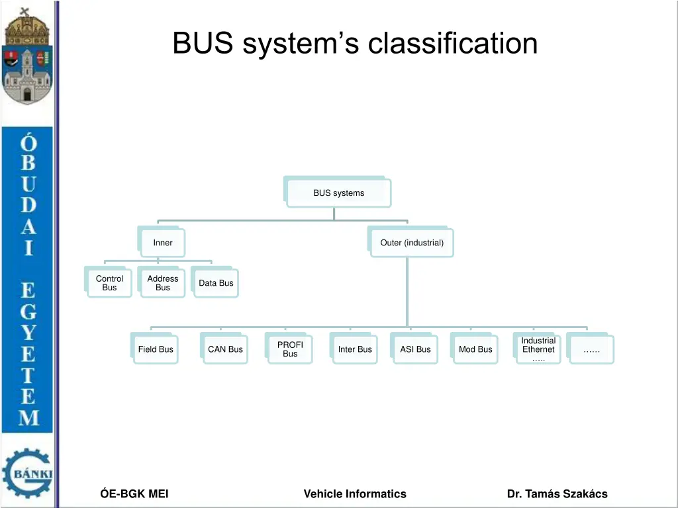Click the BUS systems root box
click(338, 192)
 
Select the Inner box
click(162, 241)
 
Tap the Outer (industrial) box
click(411, 241)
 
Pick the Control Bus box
click(108, 282)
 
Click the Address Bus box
click(162, 282)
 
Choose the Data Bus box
click(215, 282)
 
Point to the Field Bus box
click(154, 348)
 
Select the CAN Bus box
click(224, 348)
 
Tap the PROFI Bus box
click(289, 348)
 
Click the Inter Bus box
click(354, 348)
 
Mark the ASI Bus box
click(414, 348)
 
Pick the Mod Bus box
click(474, 348)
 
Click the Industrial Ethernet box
click(537, 348)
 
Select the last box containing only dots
click(590, 348)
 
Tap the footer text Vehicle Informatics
click(355, 493)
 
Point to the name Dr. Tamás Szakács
click(557, 493)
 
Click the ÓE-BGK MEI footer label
click(134, 493)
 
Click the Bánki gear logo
click(28, 472)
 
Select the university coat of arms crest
click(27, 56)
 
